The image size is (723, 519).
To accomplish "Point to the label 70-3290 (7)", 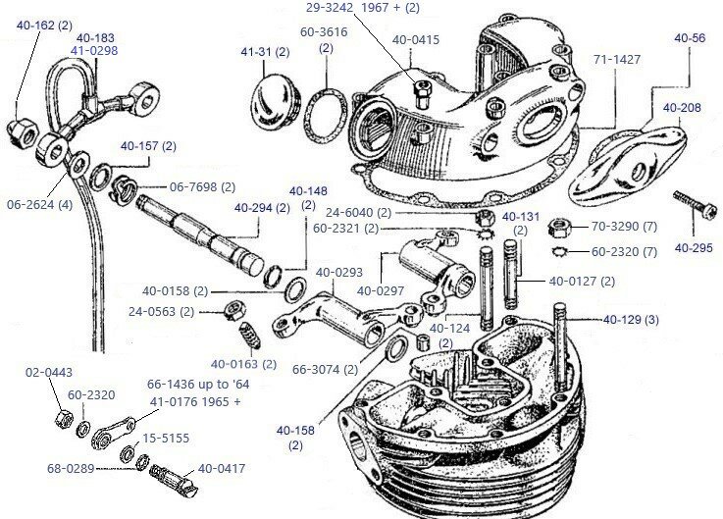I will (x=624, y=225).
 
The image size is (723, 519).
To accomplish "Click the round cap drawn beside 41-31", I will (x=273, y=96).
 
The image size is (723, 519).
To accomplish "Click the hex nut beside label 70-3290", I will (x=554, y=225).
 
